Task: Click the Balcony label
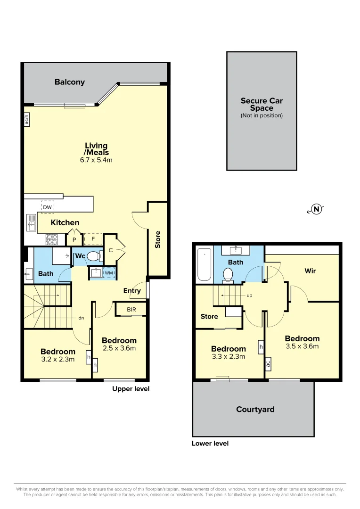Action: (x=70, y=82)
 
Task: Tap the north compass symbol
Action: (x=317, y=209)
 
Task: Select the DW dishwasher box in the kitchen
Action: (x=48, y=207)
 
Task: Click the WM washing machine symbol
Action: (x=109, y=273)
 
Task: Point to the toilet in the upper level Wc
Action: (x=93, y=256)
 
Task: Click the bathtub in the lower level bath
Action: (x=205, y=264)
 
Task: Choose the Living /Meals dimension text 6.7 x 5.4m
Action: (x=96, y=160)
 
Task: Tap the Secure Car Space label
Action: (x=262, y=104)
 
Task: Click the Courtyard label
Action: (x=255, y=410)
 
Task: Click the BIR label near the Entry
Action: (x=131, y=310)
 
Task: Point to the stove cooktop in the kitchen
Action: (x=51, y=239)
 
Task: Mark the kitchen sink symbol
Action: (x=31, y=223)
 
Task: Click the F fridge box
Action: (x=93, y=239)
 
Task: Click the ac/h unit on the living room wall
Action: (x=27, y=119)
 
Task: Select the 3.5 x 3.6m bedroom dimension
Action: (x=302, y=346)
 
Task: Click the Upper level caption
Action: (x=131, y=389)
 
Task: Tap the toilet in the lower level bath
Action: (x=228, y=275)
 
